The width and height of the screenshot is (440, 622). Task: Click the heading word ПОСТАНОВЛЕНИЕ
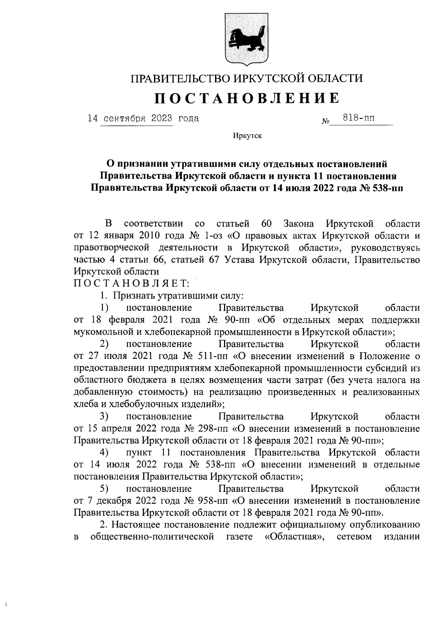(246, 98)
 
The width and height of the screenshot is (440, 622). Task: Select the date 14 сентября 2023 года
(143, 118)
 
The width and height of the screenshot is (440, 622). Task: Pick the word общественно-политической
(152, 537)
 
